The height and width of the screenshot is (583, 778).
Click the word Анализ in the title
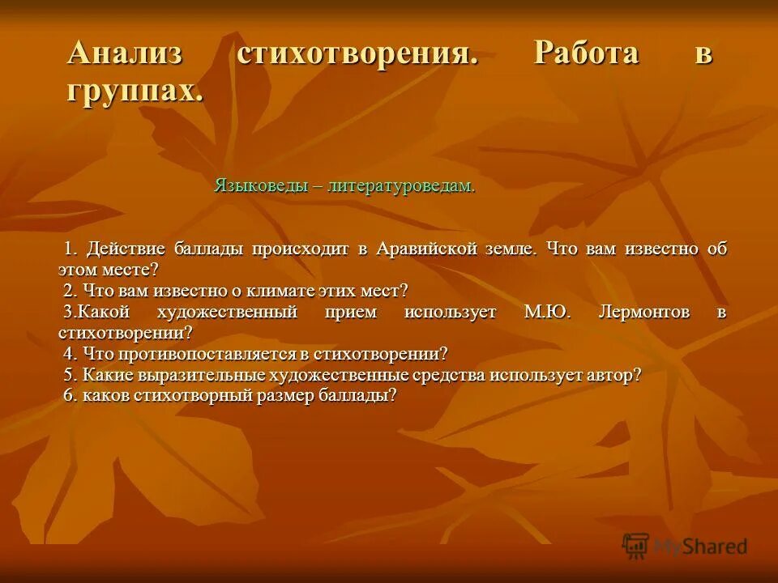[x=125, y=54]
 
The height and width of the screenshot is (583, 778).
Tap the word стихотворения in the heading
[x=355, y=54]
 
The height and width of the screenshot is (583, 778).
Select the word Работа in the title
[x=586, y=54]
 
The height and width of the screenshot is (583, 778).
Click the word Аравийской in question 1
[x=425, y=249]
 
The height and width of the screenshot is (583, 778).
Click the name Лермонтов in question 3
[x=644, y=312]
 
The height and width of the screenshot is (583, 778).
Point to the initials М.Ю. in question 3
[x=547, y=312]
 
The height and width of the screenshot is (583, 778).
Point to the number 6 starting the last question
[x=68, y=396]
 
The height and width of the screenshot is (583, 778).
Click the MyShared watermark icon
[x=635, y=546]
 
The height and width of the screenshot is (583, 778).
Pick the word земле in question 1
[x=511, y=249]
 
